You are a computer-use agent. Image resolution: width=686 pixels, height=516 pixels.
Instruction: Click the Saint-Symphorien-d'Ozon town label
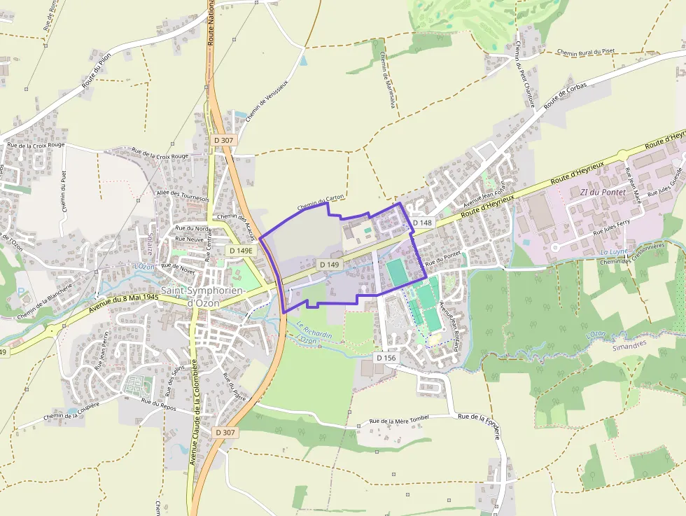(x=202, y=296)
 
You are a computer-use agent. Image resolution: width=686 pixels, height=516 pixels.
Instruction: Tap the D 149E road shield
(x=240, y=251)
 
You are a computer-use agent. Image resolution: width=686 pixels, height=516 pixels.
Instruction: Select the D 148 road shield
(x=423, y=223)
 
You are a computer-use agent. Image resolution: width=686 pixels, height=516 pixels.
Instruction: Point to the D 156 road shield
(x=386, y=358)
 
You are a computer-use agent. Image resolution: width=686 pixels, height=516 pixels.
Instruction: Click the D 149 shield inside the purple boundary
(x=329, y=265)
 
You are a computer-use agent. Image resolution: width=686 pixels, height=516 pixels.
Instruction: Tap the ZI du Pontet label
(x=603, y=192)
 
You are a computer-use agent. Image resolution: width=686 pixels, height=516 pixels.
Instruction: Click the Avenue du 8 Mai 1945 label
(x=125, y=304)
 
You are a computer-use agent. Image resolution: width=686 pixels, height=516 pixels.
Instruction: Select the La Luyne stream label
(x=614, y=252)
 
